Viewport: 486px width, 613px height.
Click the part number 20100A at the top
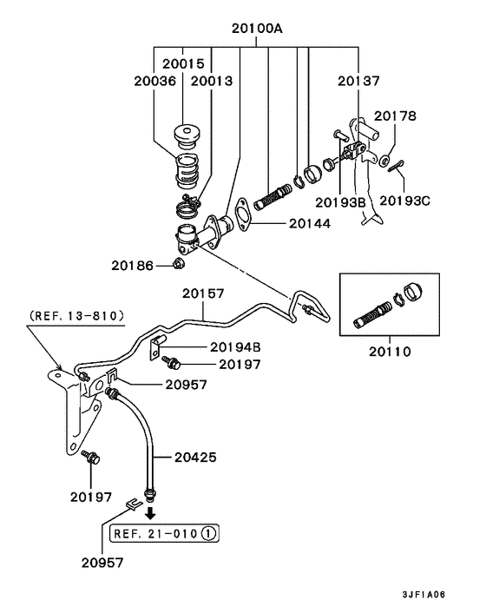tap(257, 29)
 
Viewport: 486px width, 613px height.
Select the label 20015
tap(183, 63)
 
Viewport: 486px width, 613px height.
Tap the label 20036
tap(155, 81)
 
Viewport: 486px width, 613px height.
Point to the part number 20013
tap(212, 81)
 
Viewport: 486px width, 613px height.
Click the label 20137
tap(358, 81)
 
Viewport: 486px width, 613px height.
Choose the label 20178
tap(395, 115)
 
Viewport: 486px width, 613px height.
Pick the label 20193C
tap(404, 201)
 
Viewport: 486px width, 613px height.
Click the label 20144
tap(310, 224)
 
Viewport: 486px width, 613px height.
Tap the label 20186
tap(133, 266)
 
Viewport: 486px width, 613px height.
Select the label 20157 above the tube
tap(203, 293)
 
